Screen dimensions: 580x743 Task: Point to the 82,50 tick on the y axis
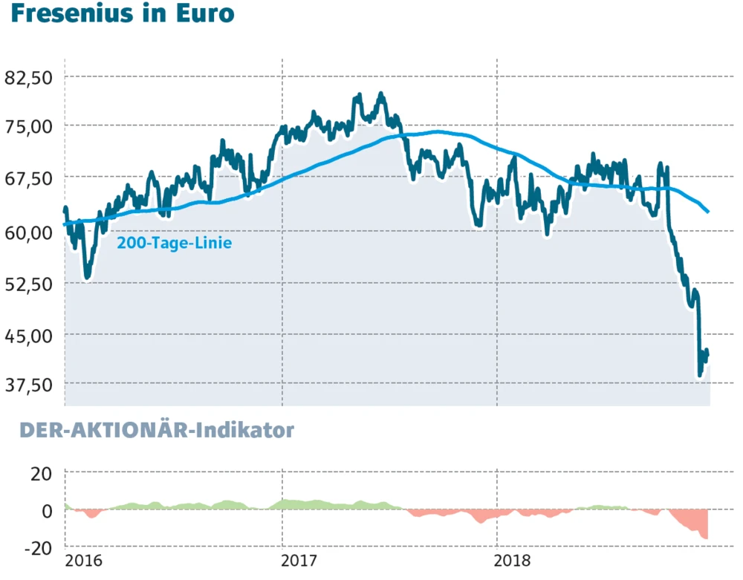click(x=30, y=76)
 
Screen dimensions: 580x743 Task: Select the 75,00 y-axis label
click(x=30, y=126)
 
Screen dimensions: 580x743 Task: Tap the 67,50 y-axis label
click(x=30, y=179)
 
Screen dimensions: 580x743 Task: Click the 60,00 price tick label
click(x=30, y=233)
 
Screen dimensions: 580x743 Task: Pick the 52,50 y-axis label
click(x=30, y=284)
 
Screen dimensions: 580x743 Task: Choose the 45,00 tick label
click(x=30, y=335)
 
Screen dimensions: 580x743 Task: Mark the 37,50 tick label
click(x=30, y=385)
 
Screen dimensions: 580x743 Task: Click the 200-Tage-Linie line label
click(x=175, y=243)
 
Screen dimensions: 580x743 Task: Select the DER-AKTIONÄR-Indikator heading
click(x=156, y=431)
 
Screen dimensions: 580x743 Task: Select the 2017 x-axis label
click(x=301, y=561)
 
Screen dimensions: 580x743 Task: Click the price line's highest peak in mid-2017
click(x=381, y=94)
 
